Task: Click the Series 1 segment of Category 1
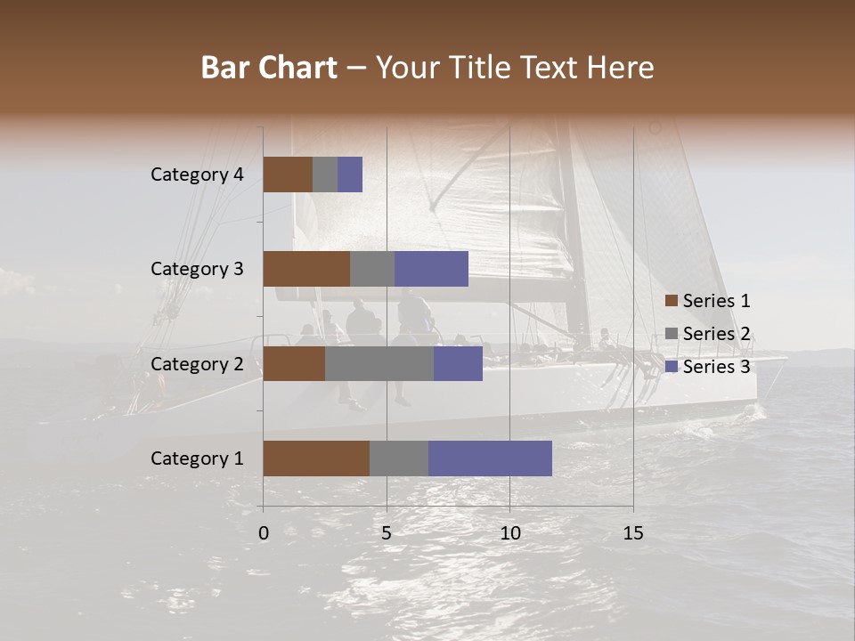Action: tap(316, 458)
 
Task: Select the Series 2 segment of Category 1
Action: tap(399, 458)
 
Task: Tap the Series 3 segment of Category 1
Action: tap(490, 458)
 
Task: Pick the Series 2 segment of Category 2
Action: tap(379, 363)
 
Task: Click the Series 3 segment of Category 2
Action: tap(458, 363)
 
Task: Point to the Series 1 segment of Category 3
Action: tap(306, 269)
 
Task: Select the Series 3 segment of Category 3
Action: tap(431, 269)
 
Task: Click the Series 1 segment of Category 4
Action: tap(288, 174)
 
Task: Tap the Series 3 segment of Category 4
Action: tap(350, 174)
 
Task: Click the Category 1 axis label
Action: tap(197, 458)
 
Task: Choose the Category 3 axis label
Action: tap(197, 269)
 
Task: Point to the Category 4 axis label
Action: tap(197, 174)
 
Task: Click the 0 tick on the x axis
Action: tap(264, 533)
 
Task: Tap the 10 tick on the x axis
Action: tap(509, 533)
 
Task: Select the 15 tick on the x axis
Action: tap(633, 533)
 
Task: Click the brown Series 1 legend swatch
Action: tap(671, 301)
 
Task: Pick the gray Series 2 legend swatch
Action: tap(671, 334)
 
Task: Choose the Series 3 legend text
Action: tap(716, 367)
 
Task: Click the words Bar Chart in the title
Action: tap(268, 68)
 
